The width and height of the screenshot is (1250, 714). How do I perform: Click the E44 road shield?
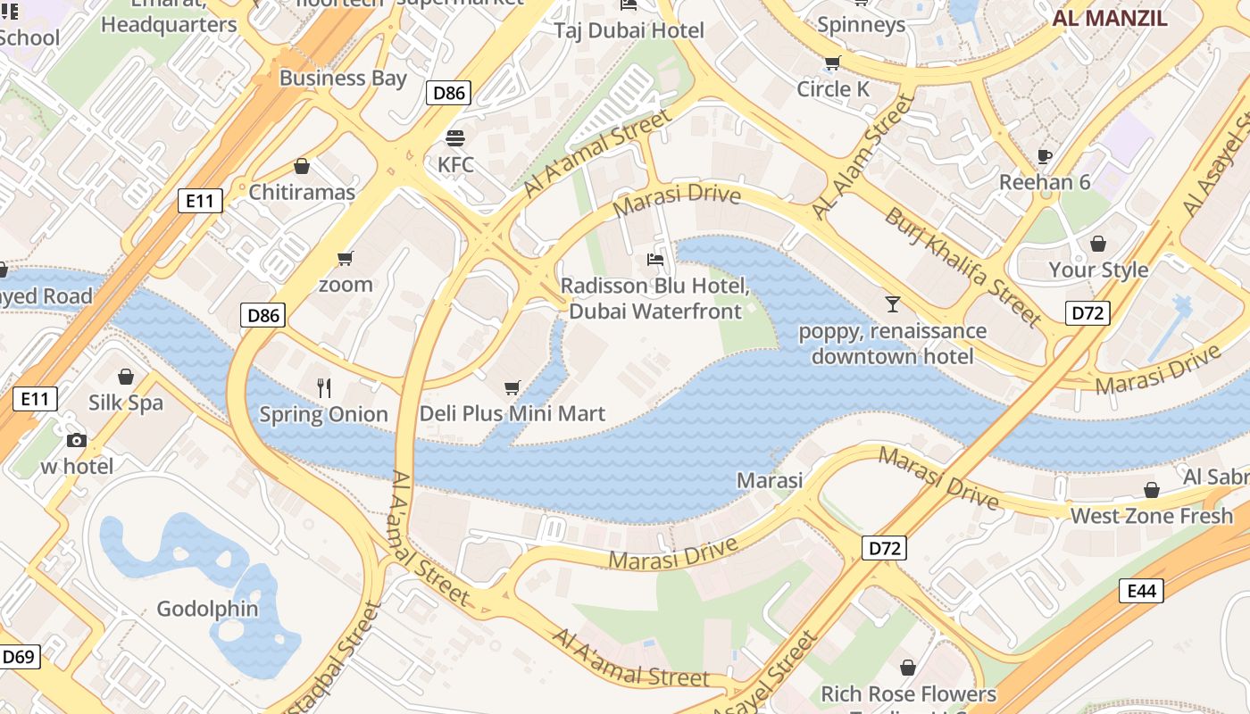[x=1141, y=590]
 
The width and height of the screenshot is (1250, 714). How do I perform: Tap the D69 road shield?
[x=18, y=658]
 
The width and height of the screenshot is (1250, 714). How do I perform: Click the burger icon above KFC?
[x=455, y=138]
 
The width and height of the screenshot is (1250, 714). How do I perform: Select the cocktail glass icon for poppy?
[x=892, y=304]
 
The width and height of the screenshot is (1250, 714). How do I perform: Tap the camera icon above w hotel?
[x=76, y=440]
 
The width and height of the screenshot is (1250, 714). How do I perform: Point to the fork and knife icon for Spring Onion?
[x=324, y=388]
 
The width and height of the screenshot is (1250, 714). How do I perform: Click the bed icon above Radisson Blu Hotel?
[x=655, y=260]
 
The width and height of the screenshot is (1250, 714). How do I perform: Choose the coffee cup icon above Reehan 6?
[x=1044, y=156]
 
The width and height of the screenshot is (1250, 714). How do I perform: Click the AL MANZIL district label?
[x=1109, y=19]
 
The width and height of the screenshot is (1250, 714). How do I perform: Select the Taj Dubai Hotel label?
[x=629, y=30]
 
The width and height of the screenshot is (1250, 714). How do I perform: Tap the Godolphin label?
[x=207, y=609]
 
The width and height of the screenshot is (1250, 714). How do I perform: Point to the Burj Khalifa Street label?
[x=962, y=266]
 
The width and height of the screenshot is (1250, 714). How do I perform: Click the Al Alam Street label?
[x=863, y=157]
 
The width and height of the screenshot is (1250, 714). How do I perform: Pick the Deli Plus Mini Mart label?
[x=512, y=414]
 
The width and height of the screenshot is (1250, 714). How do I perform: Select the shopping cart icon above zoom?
[x=346, y=259]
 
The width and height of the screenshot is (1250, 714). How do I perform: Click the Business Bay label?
[x=343, y=78]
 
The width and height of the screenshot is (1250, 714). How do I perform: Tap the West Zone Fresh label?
[x=1151, y=516]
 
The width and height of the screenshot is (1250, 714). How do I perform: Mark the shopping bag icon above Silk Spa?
[x=126, y=377]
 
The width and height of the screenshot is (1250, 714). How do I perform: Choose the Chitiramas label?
[x=302, y=192]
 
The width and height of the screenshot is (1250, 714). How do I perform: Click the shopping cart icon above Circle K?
[x=832, y=62]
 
